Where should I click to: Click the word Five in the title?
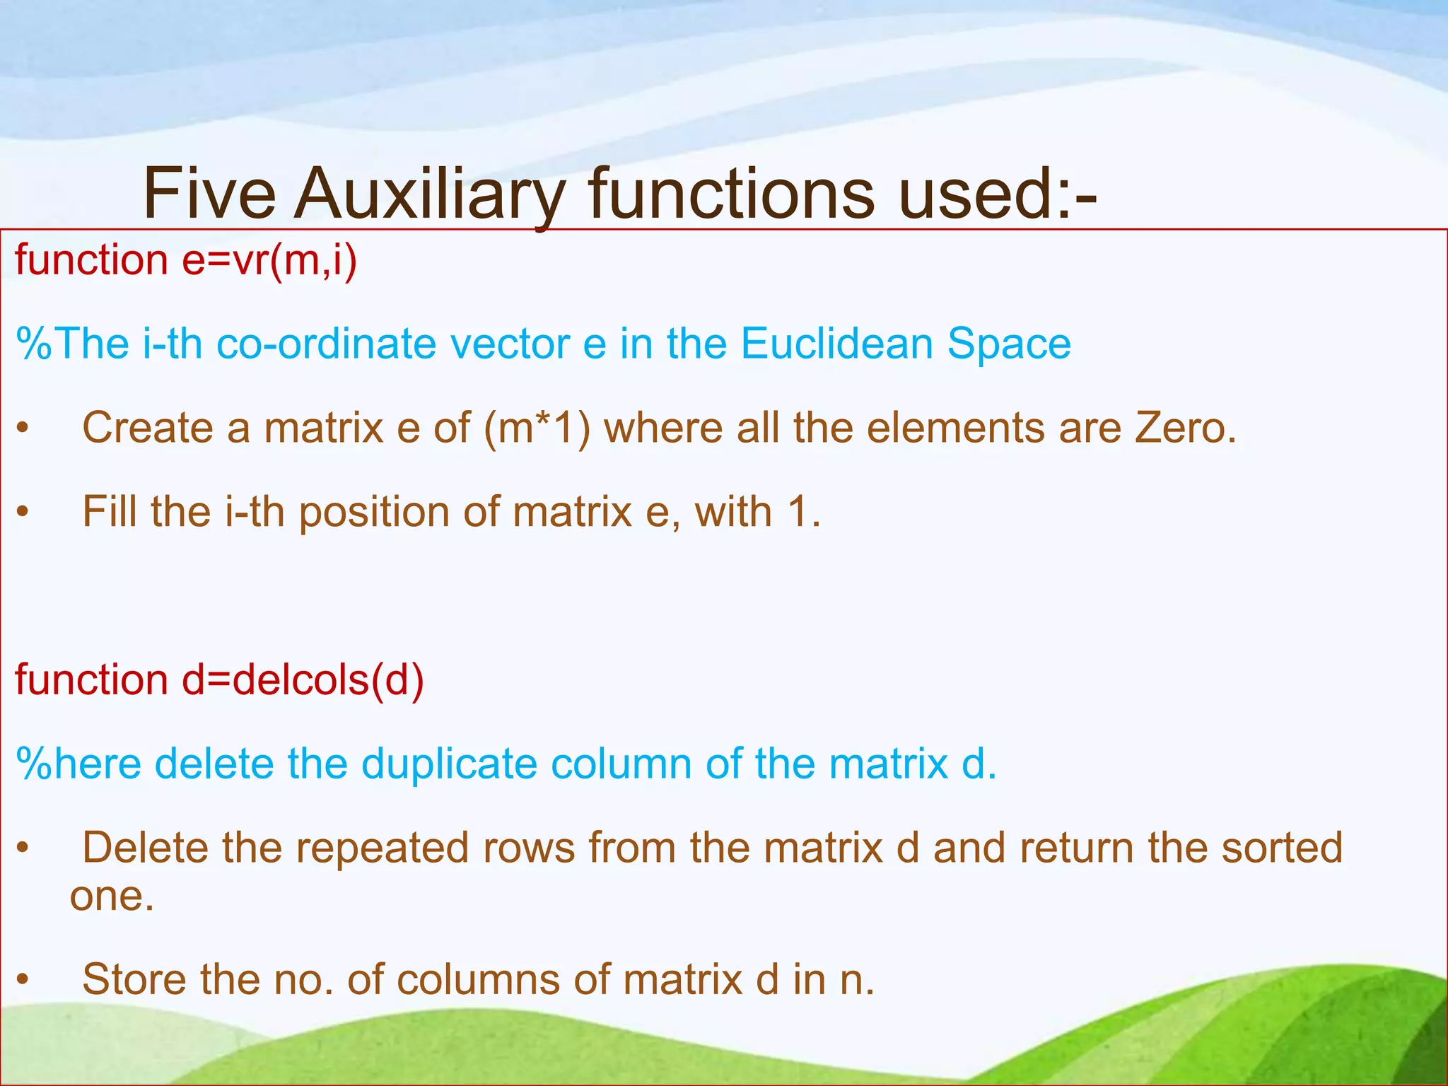click(x=209, y=194)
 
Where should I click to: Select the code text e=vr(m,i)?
click(x=269, y=260)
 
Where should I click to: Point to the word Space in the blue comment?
click(x=1009, y=344)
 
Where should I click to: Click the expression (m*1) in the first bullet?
click(x=537, y=428)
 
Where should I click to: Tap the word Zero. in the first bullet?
click(x=1186, y=428)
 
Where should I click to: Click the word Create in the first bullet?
click(x=148, y=428)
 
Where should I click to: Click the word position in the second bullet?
click(x=374, y=513)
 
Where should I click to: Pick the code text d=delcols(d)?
click(x=303, y=680)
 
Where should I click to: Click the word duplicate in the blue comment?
click(x=449, y=764)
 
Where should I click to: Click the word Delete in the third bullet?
click(x=145, y=848)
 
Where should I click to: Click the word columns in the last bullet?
click(x=474, y=980)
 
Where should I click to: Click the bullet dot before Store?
click(x=23, y=981)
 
